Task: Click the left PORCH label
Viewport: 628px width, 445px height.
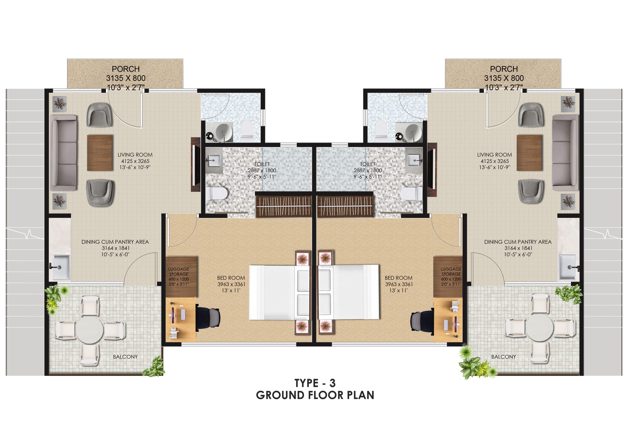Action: point(126,69)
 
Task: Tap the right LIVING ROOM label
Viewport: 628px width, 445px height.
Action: point(494,155)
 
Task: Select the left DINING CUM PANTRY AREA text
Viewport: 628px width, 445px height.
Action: point(115,242)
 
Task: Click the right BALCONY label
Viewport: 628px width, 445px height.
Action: point(503,357)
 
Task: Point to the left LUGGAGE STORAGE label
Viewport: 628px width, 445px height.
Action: point(179,271)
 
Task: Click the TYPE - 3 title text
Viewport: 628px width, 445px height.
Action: point(315,383)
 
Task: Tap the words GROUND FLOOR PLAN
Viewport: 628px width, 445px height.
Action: point(315,395)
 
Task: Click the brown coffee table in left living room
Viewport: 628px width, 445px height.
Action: point(100,153)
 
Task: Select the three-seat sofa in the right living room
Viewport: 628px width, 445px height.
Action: point(565,153)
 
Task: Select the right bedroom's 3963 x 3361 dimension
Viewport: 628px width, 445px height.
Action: point(399,284)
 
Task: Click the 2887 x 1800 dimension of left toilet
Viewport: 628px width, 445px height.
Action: point(262,170)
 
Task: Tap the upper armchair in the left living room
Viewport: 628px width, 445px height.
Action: point(99,115)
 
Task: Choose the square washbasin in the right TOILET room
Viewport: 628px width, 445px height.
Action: point(414,160)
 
